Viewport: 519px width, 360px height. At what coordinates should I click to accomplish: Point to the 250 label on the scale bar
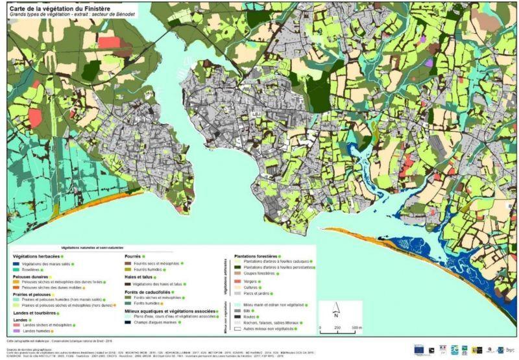click(337, 328)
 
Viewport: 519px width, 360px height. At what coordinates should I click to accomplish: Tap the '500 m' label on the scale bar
click(356, 328)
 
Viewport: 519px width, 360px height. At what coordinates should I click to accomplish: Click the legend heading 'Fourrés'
click(134, 256)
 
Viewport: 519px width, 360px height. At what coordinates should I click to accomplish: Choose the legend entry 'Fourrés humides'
click(147, 269)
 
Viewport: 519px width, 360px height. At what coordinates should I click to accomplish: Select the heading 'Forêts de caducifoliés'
click(148, 291)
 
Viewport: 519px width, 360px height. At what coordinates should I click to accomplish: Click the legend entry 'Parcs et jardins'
click(256, 293)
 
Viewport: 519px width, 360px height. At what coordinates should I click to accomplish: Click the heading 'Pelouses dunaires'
click(30, 276)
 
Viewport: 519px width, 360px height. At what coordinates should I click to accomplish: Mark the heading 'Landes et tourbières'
click(34, 313)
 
